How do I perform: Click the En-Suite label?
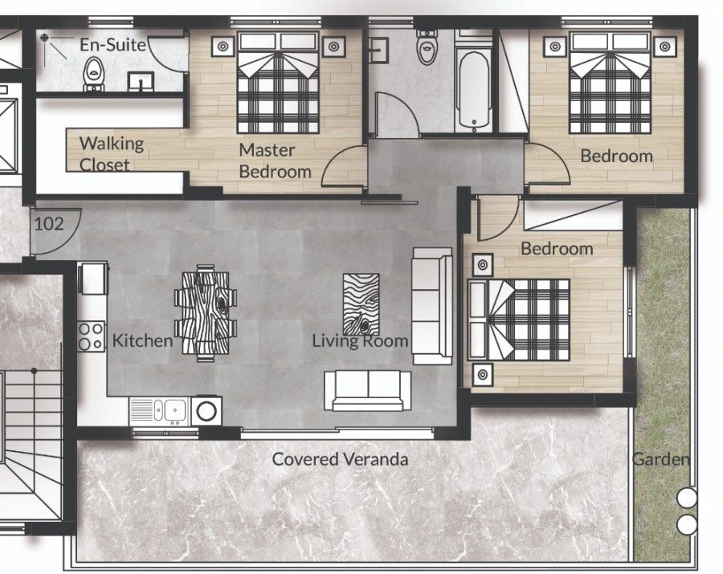112,45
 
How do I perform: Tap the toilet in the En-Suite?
94,73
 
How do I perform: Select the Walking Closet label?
111,154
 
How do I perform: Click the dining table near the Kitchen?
206,313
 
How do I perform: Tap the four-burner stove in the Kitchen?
91,335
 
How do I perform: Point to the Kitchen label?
142,340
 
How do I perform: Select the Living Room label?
360,341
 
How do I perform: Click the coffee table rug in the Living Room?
361,303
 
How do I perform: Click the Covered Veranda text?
340,459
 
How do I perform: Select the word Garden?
660,460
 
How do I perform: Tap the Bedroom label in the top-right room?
616,156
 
